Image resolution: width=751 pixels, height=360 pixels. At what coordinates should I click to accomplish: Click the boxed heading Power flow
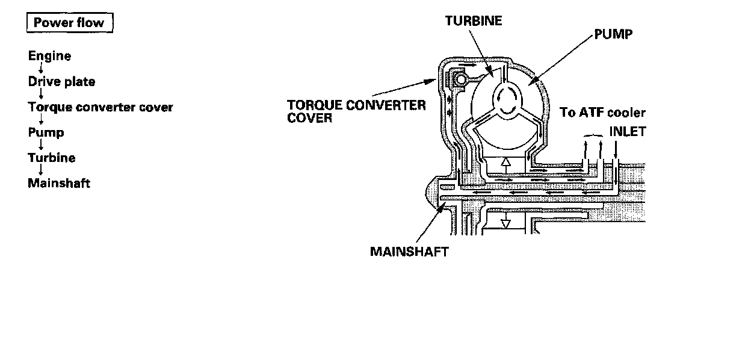tap(69, 23)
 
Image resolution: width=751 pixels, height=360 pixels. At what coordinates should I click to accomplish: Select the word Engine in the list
tap(49, 56)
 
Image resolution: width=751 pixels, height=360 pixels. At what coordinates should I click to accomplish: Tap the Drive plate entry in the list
tap(61, 81)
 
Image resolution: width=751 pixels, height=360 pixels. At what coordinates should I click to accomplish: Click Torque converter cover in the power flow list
tap(100, 107)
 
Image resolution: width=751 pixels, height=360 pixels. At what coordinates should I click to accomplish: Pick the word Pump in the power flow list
tap(46, 132)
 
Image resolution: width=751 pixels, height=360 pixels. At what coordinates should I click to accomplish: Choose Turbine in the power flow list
tap(52, 158)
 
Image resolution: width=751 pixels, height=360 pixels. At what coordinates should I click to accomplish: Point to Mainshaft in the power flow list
tap(59, 183)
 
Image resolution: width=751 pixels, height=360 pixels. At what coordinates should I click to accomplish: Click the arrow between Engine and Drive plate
tap(40, 69)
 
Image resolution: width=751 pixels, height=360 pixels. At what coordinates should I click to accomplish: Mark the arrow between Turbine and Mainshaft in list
tap(40, 170)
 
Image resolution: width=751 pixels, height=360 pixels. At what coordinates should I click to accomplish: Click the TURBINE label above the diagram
tap(474, 20)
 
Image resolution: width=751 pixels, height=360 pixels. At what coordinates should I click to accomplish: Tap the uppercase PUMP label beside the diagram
tap(613, 34)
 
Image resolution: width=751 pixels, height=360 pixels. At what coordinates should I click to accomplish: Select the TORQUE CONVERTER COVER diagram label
tap(356, 111)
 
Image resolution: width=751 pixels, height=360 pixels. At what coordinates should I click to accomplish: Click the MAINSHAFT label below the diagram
tap(409, 251)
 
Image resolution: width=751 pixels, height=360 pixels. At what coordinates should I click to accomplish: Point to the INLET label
tap(627, 131)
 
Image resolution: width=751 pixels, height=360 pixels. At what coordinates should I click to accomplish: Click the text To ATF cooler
tap(602, 113)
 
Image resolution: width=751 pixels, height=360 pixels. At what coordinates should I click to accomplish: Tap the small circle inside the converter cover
tap(460, 79)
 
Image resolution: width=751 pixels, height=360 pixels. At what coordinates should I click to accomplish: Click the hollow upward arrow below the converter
tap(506, 163)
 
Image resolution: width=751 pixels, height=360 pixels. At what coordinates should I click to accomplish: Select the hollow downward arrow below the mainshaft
tap(506, 223)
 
